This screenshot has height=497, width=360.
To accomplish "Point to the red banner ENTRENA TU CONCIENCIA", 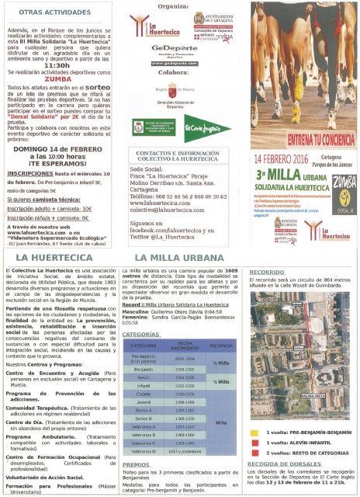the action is [x=299, y=137].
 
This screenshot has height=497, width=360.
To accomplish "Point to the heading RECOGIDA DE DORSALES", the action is [x=286, y=464].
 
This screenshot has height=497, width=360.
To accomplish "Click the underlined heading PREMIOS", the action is [x=137, y=464].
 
